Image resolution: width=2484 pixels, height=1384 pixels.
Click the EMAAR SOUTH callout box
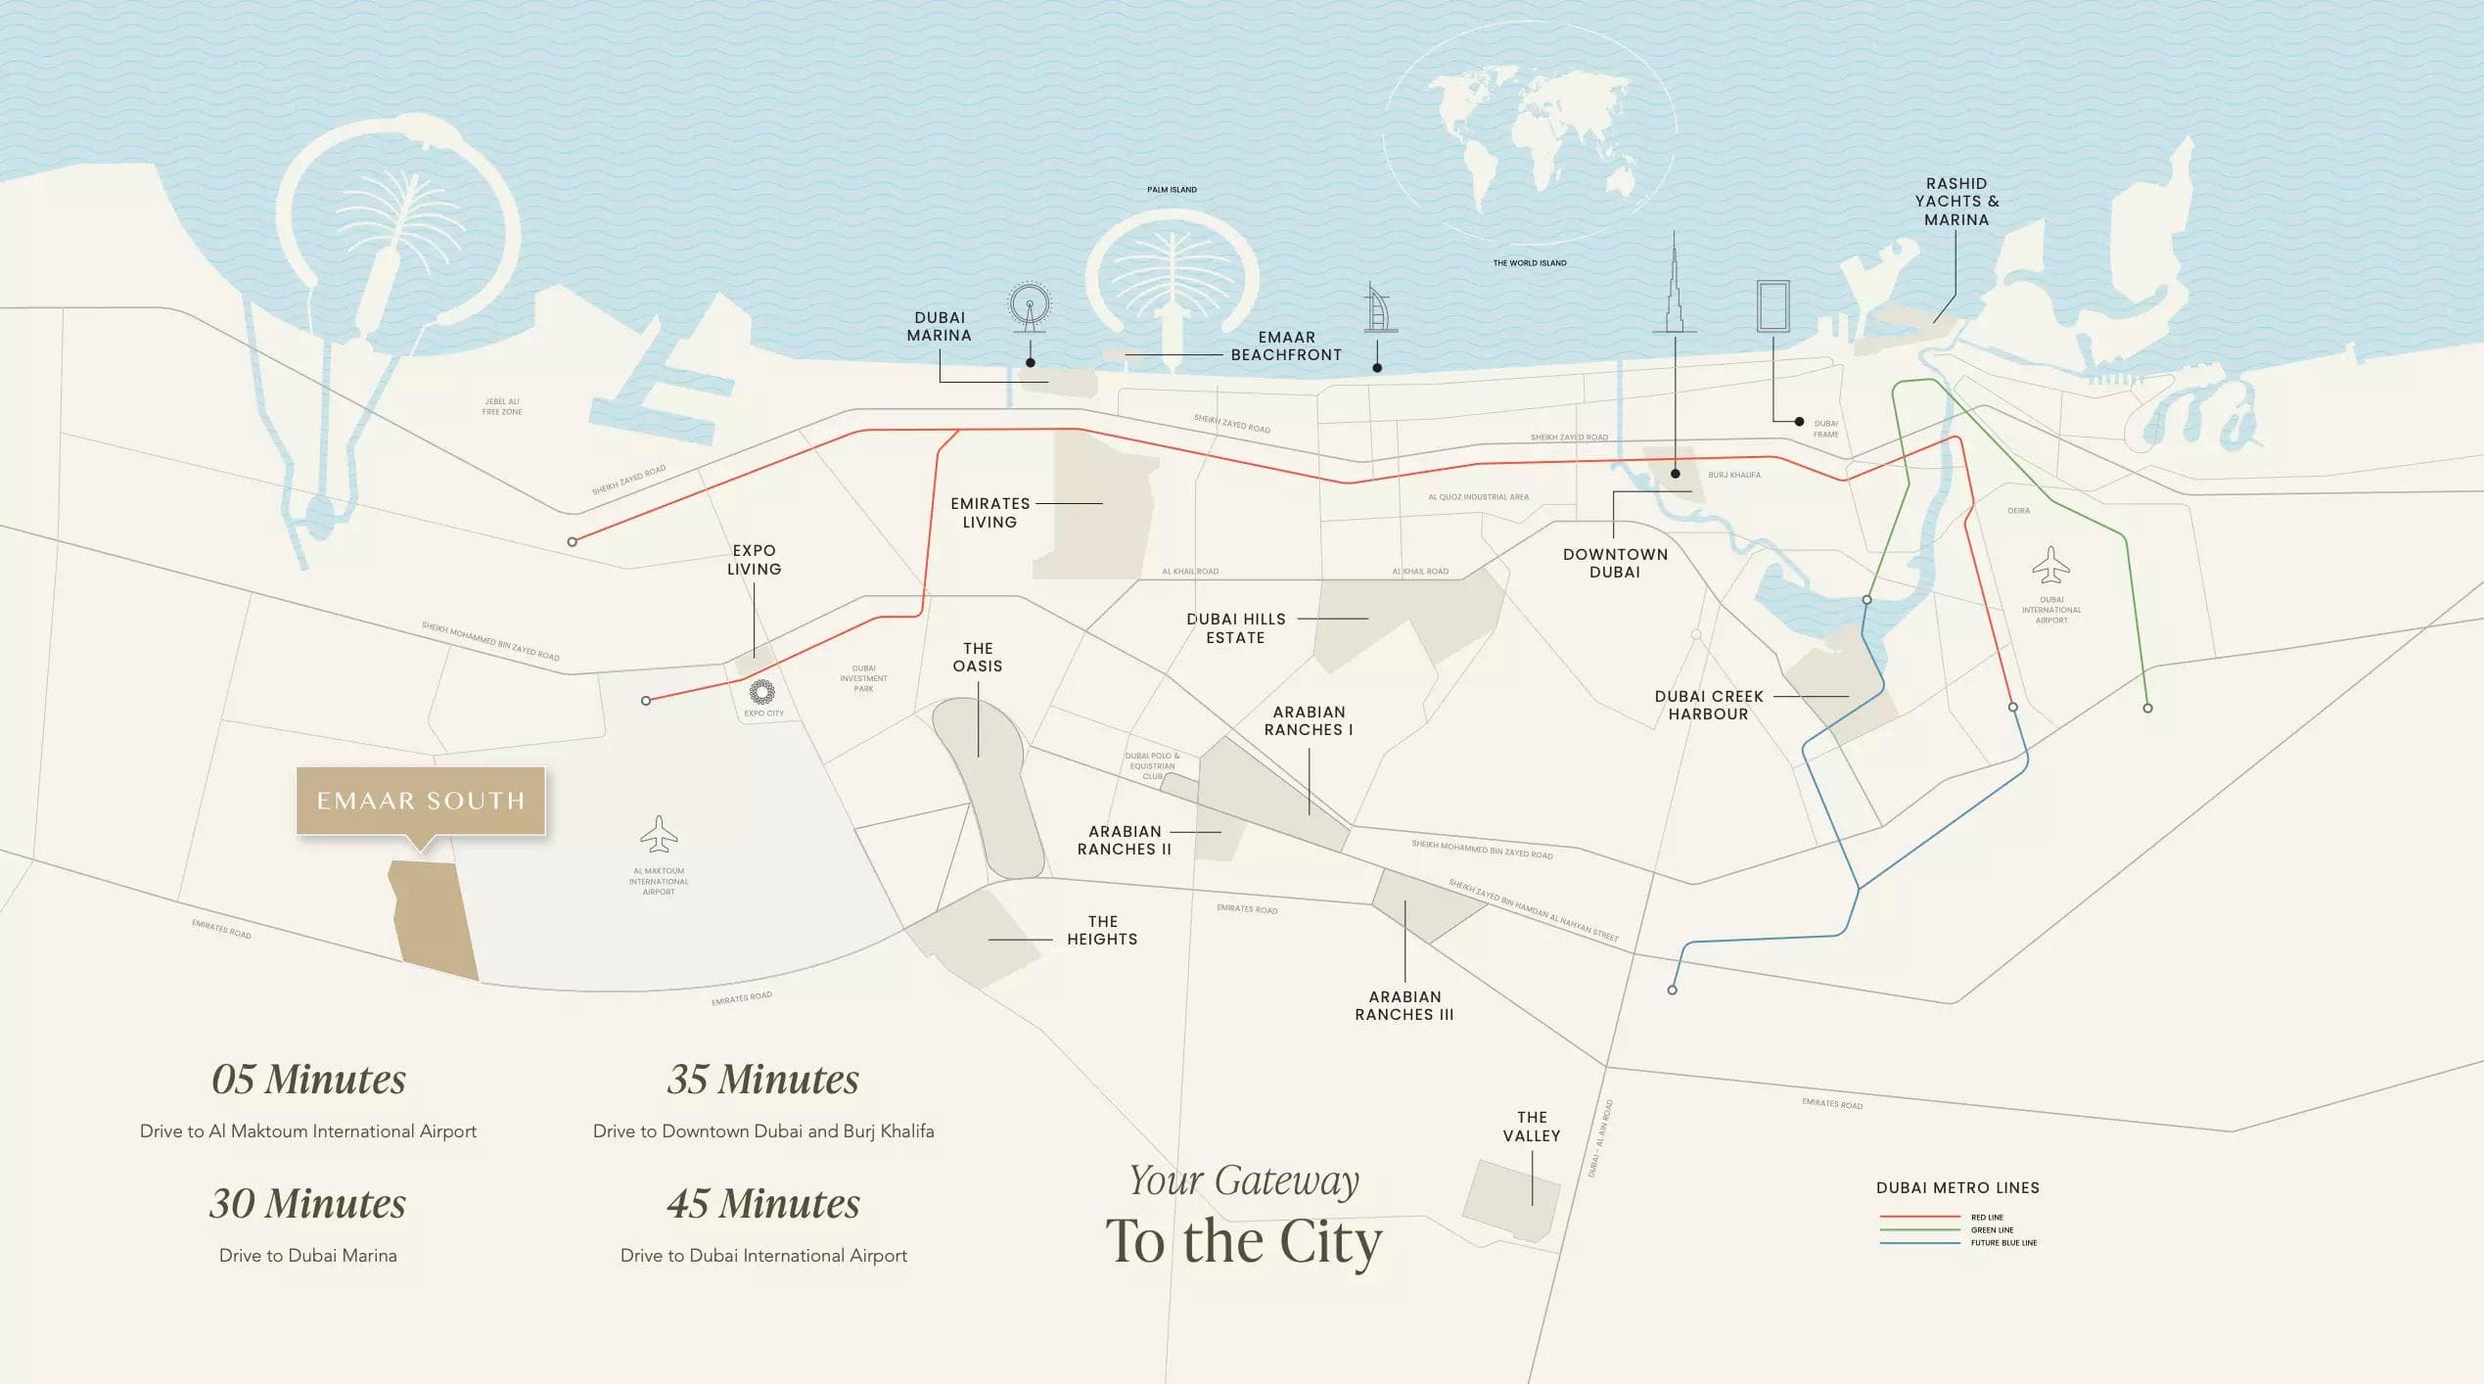click(421, 801)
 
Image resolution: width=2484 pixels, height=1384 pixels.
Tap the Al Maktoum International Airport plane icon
click(659, 835)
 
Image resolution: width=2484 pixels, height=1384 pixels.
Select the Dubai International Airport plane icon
click(2050, 566)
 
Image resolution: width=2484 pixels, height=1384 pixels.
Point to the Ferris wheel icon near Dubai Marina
click(1030, 305)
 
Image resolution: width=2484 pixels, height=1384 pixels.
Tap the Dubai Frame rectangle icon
click(1772, 306)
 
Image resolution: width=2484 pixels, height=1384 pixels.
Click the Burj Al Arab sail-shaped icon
click(1377, 308)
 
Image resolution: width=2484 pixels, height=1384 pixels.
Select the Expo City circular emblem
click(762, 693)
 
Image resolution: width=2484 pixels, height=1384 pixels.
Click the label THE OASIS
click(978, 657)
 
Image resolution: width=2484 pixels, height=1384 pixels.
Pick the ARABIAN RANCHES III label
click(1404, 1005)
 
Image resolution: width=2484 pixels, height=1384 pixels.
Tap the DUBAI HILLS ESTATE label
click(1235, 628)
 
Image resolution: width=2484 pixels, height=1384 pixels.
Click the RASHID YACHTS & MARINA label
click(1956, 202)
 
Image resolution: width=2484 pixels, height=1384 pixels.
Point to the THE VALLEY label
click(1532, 1127)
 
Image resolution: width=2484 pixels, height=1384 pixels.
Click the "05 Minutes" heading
click(308, 1080)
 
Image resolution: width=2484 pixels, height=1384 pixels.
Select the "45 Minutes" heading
click(763, 1204)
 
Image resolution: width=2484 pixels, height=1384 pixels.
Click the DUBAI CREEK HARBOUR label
click(1708, 705)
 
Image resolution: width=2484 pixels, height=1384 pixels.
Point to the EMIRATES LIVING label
click(989, 513)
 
